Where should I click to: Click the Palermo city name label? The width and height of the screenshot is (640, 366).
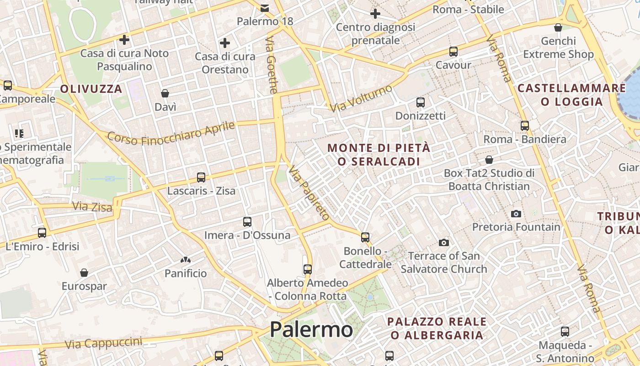[311, 329]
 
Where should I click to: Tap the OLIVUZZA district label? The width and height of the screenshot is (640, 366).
[91, 89]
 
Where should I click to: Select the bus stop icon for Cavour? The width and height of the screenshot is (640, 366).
[453, 52]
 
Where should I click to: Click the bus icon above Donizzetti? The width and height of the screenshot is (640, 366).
[421, 102]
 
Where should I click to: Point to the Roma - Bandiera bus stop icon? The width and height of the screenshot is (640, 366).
[525, 125]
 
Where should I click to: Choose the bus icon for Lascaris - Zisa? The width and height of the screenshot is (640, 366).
[201, 178]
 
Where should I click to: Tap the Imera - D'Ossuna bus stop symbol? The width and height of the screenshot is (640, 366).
[247, 222]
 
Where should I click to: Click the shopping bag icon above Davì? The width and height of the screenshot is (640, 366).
[165, 93]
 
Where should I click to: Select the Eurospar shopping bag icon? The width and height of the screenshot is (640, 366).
[84, 273]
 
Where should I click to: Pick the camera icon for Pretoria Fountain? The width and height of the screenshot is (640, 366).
[516, 214]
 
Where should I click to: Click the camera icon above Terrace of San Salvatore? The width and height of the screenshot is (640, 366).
[443, 242]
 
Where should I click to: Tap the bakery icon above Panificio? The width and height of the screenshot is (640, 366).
[186, 260]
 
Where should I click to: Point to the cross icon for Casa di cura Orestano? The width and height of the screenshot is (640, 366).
[224, 43]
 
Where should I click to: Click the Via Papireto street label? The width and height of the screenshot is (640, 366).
[309, 193]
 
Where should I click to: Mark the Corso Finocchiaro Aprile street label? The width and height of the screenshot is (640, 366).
[171, 133]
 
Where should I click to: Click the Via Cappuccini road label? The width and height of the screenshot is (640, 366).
[103, 343]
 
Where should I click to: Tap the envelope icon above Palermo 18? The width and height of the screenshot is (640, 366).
[265, 8]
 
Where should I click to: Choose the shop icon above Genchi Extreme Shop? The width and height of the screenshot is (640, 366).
[558, 27]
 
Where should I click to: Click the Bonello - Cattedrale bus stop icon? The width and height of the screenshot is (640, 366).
[365, 237]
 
